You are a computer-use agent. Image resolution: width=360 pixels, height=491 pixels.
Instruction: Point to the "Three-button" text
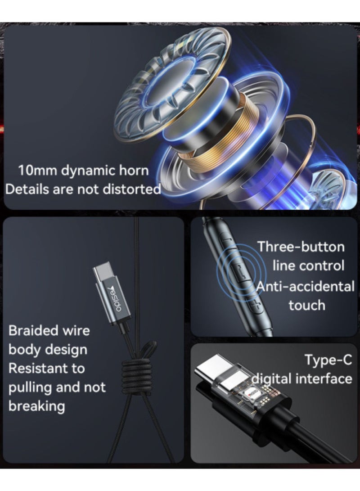click(x=301, y=247)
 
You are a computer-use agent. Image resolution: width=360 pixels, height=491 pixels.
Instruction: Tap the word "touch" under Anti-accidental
click(x=307, y=305)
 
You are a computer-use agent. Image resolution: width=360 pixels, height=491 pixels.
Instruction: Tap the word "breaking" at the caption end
click(x=37, y=406)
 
